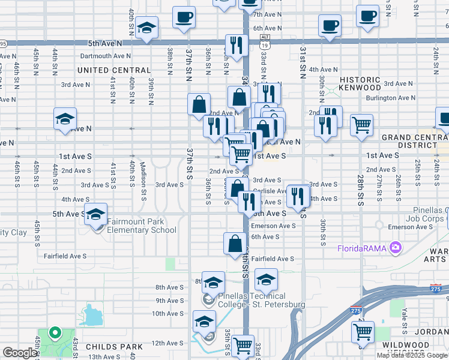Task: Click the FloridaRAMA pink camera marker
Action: pyautogui.click(x=395, y=247)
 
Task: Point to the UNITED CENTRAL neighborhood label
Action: pyautogui.click(x=113, y=70)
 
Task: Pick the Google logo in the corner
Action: pyautogui.click(x=20, y=353)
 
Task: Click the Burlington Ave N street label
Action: pyautogui.click(x=390, y=98)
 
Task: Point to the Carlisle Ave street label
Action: pyautogui.click(x=267, y=191)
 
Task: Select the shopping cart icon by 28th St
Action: pyautogui.click(x=361, y=125)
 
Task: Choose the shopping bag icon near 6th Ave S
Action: pyautogui.click(x=235, y=243)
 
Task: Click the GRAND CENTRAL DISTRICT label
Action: pyautogui.click(x=414, y=141)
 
